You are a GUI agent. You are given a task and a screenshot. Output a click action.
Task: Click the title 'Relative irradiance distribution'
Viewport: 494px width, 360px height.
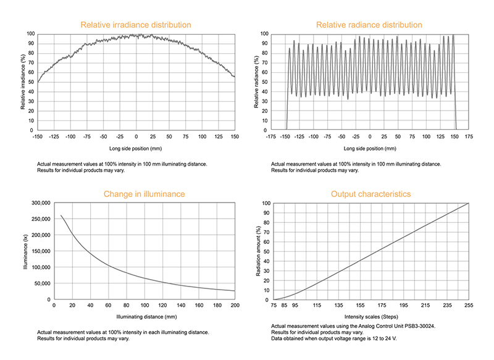click(136, 25)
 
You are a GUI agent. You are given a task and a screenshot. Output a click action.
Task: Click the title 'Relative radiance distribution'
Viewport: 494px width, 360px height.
click(369, 25)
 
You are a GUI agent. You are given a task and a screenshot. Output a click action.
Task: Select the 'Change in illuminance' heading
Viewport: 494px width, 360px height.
click(144, 194)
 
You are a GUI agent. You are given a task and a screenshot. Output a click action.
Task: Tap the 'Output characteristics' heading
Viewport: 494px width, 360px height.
click(371, 194)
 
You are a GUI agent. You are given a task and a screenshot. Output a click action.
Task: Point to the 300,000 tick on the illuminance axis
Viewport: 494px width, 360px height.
click(41, 203)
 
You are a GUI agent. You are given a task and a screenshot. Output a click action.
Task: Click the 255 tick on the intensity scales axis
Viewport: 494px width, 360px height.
click(469, 305)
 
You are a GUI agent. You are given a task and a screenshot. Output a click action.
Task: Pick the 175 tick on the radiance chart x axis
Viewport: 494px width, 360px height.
click(469, 136)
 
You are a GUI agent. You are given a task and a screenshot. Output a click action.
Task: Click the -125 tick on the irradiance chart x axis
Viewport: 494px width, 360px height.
click(54, 136)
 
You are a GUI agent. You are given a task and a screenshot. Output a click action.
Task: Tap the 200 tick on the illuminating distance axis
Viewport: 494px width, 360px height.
click(235, 305)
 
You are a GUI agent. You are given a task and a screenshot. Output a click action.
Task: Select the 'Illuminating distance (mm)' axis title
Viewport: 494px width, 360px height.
click(146, 317)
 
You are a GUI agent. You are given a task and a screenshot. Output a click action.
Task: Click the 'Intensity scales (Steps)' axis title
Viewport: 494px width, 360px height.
click(371, 317)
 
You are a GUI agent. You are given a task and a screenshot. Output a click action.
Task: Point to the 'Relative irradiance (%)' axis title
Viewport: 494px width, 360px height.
click(23, 82)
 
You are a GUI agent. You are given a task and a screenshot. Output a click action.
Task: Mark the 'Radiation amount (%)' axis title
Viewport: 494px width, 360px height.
click(258, 251)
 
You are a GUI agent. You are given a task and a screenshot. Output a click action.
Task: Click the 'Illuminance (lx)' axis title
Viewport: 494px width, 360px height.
click(25, 252)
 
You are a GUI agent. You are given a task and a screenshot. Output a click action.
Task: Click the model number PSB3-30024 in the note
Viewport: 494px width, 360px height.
click(420, 326)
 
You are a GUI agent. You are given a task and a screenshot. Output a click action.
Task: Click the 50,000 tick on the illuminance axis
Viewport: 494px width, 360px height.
click(42, 283)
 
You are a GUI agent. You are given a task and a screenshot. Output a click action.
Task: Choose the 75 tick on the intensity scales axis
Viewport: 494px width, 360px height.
click(274, 305)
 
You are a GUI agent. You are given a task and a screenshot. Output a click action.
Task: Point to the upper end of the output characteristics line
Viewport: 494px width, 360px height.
click(469, 203)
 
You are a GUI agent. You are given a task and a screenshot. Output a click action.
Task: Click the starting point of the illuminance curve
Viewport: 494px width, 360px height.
click(61, 216)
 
